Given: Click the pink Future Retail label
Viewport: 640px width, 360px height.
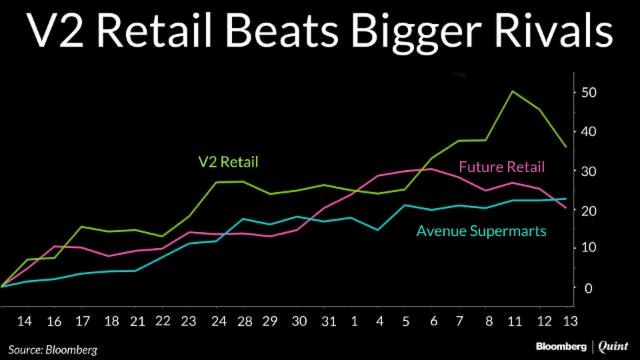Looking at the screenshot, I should pos(501,167).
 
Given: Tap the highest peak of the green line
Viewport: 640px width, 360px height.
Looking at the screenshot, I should pos(513,92).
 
